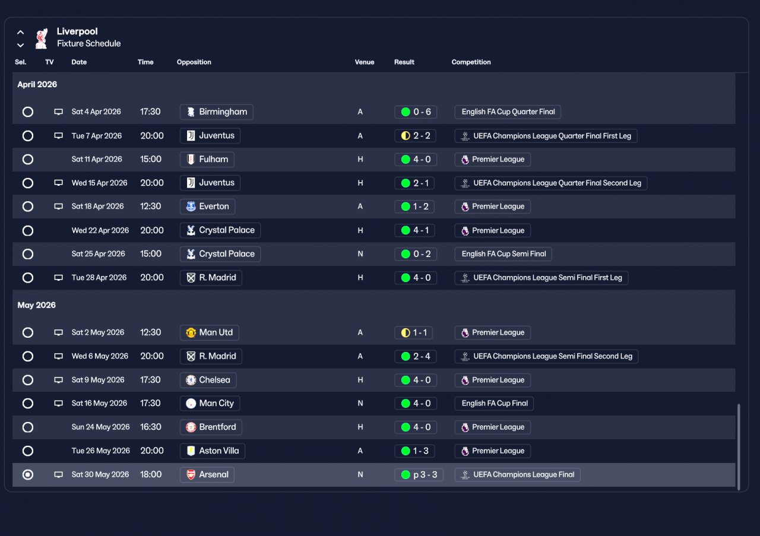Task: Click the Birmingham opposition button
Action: pos(216,112)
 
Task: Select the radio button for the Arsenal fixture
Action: pos(28,475)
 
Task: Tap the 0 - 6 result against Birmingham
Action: pos(416,112)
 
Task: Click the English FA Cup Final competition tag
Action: pos(494,404)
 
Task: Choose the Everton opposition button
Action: pos(207,207)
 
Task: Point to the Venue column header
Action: pos(365,62)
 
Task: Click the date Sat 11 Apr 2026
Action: pos(97,159)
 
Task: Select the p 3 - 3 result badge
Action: pos(419,475)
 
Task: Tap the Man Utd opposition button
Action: pos(209,332)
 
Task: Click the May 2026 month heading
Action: pos(37,305)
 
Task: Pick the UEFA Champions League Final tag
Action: pos(517,475)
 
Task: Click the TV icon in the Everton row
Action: pos(58,207)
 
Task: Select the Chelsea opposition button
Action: pos(208,380)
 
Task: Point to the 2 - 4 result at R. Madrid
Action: pos(416,356)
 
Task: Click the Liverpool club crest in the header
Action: pos(41,38)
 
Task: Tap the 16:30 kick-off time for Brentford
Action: pos(151,427)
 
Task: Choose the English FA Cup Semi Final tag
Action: pos(503,254)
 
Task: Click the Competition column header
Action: pos(471,62)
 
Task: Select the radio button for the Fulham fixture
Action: pos(28,159)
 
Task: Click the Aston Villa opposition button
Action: pos(212,451)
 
